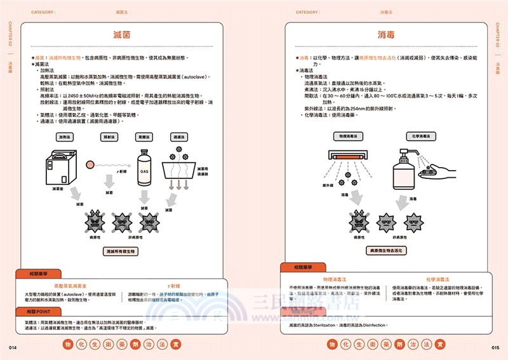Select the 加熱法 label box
click(64, 137)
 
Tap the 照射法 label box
click(109, 137)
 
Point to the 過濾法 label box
click(178, 137)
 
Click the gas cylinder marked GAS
click(145, 168)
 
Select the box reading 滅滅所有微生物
click(123, 251)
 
